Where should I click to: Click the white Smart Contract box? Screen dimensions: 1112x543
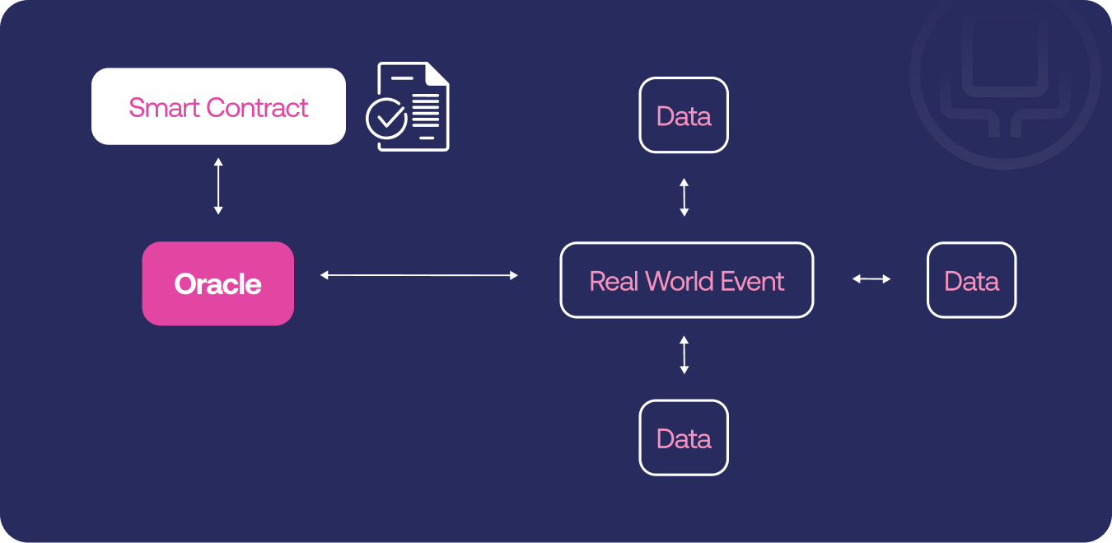218,106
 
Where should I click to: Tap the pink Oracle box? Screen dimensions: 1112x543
218,283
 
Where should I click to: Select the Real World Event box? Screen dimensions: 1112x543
687,280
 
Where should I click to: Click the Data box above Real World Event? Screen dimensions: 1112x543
684,115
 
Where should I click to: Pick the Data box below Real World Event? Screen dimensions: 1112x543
684,438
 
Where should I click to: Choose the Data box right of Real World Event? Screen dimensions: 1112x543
971,280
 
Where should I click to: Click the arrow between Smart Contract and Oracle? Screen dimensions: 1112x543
218,186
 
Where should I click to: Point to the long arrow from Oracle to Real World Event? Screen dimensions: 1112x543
419,275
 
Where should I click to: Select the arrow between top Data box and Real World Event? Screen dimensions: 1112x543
684,197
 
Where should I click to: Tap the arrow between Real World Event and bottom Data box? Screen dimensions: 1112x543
684,355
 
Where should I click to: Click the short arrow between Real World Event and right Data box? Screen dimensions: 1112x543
871,279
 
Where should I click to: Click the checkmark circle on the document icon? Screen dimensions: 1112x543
386,118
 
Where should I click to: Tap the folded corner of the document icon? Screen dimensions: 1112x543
437,73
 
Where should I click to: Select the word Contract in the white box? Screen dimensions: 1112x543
257,107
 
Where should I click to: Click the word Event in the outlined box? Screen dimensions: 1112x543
752,281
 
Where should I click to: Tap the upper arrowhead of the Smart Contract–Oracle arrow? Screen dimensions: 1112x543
218,161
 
